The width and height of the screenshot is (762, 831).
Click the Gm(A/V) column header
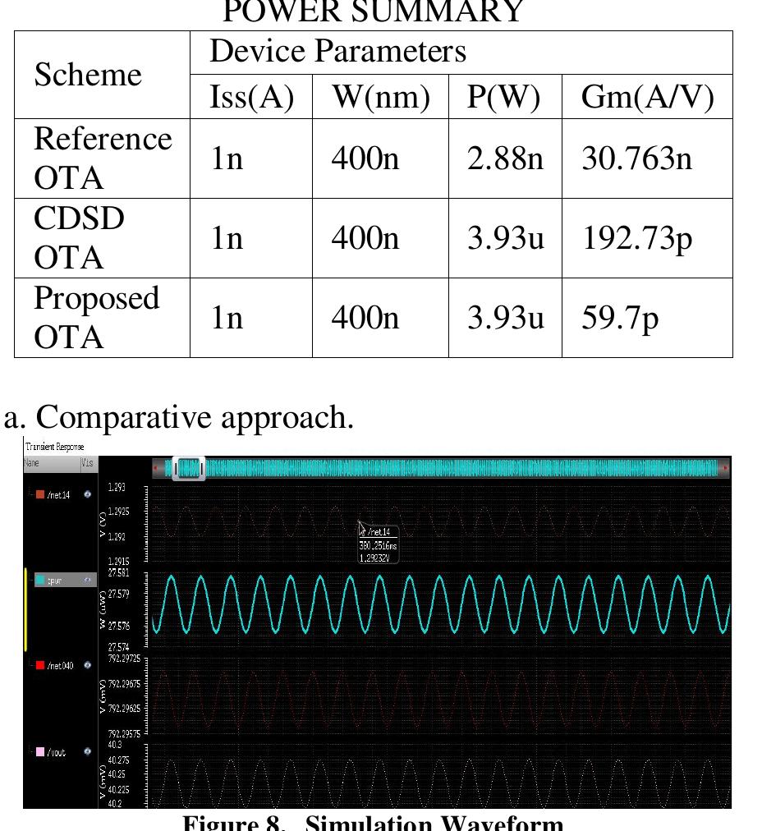click(646, 97)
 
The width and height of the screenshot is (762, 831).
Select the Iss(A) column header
click(251, 97)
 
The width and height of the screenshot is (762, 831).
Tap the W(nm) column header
click(380, 97)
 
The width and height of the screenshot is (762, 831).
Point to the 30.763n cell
click(637, 158)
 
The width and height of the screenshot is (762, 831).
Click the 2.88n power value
click(504, 158)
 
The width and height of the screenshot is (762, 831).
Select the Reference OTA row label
click(102, 158)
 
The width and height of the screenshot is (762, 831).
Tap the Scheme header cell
click(87, 76)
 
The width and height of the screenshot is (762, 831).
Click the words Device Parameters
click(338, 52)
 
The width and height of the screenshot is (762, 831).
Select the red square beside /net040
click(39, 665)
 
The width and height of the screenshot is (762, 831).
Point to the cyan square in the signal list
click(39, 580)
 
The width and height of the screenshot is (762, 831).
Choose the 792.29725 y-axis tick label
click(126, 659)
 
